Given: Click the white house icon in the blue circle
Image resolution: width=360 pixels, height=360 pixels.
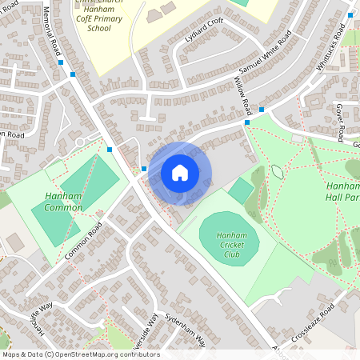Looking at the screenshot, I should coord(180,172).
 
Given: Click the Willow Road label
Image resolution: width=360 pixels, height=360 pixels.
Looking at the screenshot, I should coord(243,95).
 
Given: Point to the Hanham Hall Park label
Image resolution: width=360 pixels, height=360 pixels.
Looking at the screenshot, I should coord(342,190).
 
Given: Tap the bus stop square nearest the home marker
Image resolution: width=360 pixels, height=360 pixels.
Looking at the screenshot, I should coord(144,168).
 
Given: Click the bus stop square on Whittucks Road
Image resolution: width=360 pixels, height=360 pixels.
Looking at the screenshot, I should coord(350,15).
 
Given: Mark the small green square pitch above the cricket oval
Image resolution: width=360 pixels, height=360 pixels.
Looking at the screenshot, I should coord(241,190).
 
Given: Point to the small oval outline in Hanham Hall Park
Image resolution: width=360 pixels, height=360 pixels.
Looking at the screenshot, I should coord(277,171).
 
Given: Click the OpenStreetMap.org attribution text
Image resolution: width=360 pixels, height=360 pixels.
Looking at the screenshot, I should coord(80,354).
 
